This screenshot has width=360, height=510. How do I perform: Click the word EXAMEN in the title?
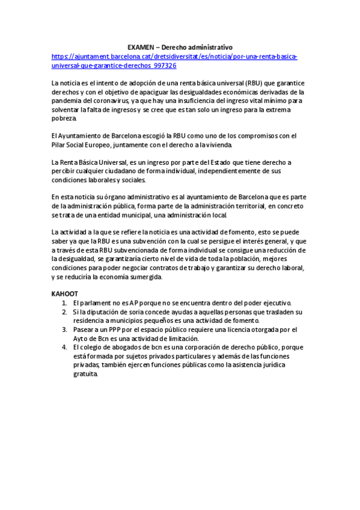[x=140, y=47]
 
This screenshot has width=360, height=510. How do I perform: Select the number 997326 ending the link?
[x=165, y=65]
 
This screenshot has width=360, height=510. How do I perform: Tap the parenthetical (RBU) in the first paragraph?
[x=236, y=83]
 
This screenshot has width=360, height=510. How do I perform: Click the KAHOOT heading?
[x=65, y=293]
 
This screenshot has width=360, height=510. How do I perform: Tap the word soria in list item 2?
[x=133, y=312]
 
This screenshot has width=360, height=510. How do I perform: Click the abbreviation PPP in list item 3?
[x=109, y=330]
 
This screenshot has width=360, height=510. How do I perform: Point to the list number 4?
[x=64, y=347]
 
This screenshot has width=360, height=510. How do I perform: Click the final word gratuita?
[x=85, y=373]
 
